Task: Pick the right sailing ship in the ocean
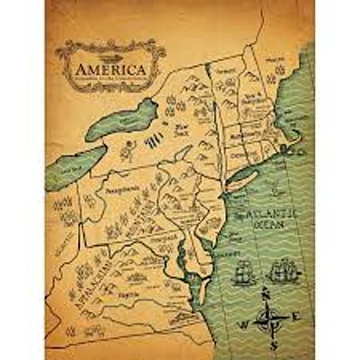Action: point(285,269)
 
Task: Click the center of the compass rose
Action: point(265,318)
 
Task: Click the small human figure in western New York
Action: point(127,148)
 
